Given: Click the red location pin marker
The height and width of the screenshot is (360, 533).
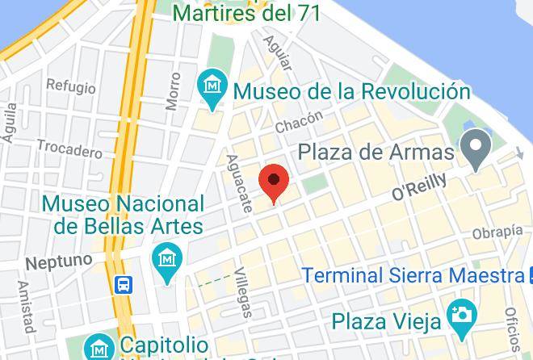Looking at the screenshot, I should [275, 182].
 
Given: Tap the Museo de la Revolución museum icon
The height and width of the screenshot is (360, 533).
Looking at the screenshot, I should [212, 85].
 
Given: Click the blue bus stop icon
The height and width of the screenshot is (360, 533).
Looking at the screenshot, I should [124, 284].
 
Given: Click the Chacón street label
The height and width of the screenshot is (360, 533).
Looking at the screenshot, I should [299, 123].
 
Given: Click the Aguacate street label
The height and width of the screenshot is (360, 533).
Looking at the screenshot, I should [239, 183].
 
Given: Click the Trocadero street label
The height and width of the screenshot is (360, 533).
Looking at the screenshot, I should [70, 150].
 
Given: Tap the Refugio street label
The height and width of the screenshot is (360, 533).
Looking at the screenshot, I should [70, 85].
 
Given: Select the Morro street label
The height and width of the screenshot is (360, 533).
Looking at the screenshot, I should [173, 91].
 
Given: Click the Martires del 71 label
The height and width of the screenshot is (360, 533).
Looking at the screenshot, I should [247, 13].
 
